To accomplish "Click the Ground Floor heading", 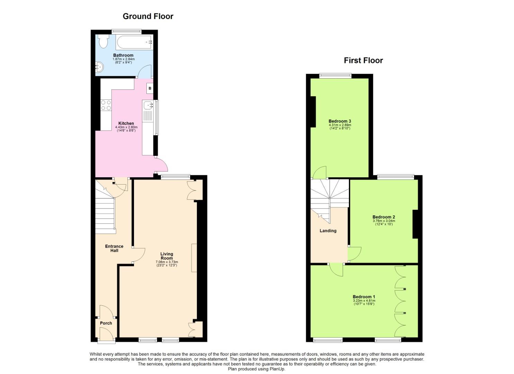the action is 148,16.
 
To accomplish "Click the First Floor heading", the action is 363,60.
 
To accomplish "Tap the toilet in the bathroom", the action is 103,41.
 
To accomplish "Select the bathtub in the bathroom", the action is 134,42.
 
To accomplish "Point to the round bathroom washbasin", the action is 99,67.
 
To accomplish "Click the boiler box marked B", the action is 150,88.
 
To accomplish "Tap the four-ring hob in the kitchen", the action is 106,105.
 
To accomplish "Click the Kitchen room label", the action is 126,123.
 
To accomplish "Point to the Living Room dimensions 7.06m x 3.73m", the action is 167,262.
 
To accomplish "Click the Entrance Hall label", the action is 114,248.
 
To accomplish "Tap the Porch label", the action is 106,323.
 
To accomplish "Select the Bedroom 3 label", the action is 340,121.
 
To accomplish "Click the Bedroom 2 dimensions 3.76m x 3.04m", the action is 384,221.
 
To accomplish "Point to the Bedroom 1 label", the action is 364,297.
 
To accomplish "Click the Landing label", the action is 328,231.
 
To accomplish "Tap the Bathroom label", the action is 123,55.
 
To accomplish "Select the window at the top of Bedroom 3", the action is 335,76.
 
